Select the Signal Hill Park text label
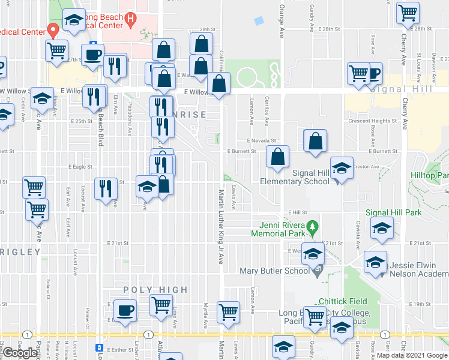tap(394, 212)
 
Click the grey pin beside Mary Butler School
tap(316, 271)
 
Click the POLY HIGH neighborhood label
tap(155, 290)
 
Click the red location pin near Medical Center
tap(53, 28)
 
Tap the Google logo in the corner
tap(20, 353)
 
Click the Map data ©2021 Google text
tap(412, 356)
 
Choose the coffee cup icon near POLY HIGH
tap(125, 311)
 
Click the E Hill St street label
tap(297, 212)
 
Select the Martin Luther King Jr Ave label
tap(220, 228)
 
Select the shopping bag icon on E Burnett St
tap(277, 157)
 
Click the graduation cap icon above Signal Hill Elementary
tap(341, 167)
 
